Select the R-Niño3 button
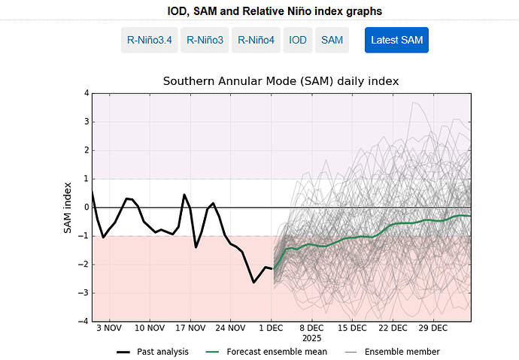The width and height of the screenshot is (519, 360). (205, 40)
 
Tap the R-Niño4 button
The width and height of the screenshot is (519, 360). (256, 40)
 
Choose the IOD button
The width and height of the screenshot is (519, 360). (298, 40)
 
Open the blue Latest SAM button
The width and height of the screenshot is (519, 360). (396, 40)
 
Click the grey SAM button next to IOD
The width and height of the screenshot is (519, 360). (332, 40)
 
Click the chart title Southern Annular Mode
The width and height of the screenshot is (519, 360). (281, 80)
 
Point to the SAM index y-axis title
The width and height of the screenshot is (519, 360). (67, 207)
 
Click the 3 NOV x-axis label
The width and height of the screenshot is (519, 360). (109, 328)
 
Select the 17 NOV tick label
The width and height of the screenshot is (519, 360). (190, 328)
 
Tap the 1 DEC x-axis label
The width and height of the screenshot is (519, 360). (271, 328)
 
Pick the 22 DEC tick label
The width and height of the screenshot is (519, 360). (393, 328)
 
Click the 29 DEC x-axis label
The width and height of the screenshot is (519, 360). (433, 328)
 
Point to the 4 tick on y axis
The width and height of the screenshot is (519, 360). (86, 93)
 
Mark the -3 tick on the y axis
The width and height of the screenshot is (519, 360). (83, 293)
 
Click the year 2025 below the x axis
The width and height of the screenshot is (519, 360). (311, 338)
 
